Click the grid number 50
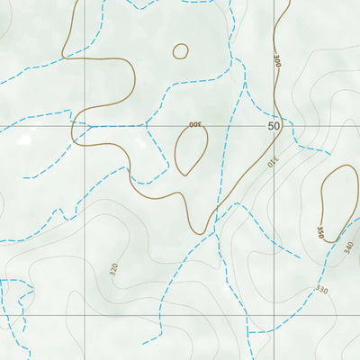(x=274, y=127)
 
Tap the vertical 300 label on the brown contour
(x=277, y=61)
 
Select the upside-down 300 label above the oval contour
(x=194, y=124)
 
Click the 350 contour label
(x=320, y=231)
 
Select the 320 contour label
(x=113, y=268)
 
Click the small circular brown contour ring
(x=181, y=51)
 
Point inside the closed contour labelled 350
(x=337, y=202)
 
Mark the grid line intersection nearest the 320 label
(x=85, y=315)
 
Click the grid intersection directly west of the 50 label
(x=85, y=127)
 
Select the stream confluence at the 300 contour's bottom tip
(x=216, y=229)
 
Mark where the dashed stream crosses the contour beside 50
(x=281, y=118)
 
